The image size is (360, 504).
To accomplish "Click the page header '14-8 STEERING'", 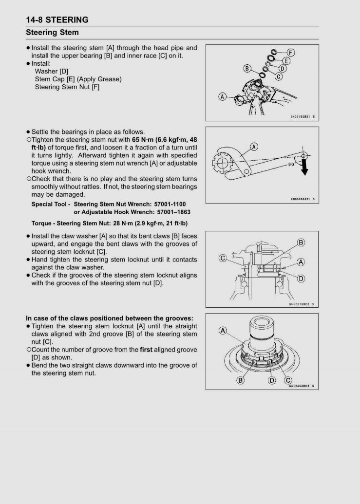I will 57,20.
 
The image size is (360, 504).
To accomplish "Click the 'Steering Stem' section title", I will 52,33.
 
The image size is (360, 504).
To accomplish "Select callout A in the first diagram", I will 223,96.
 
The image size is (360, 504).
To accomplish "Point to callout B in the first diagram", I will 247,69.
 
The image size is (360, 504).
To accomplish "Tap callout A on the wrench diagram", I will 254,147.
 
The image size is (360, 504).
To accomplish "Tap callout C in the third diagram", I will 222,259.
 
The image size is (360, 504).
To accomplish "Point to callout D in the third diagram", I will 301,279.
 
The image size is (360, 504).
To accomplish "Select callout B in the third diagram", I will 301,243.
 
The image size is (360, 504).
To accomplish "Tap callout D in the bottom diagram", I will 272,380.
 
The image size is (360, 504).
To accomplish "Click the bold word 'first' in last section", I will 147,350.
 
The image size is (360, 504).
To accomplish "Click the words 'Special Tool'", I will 50,204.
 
